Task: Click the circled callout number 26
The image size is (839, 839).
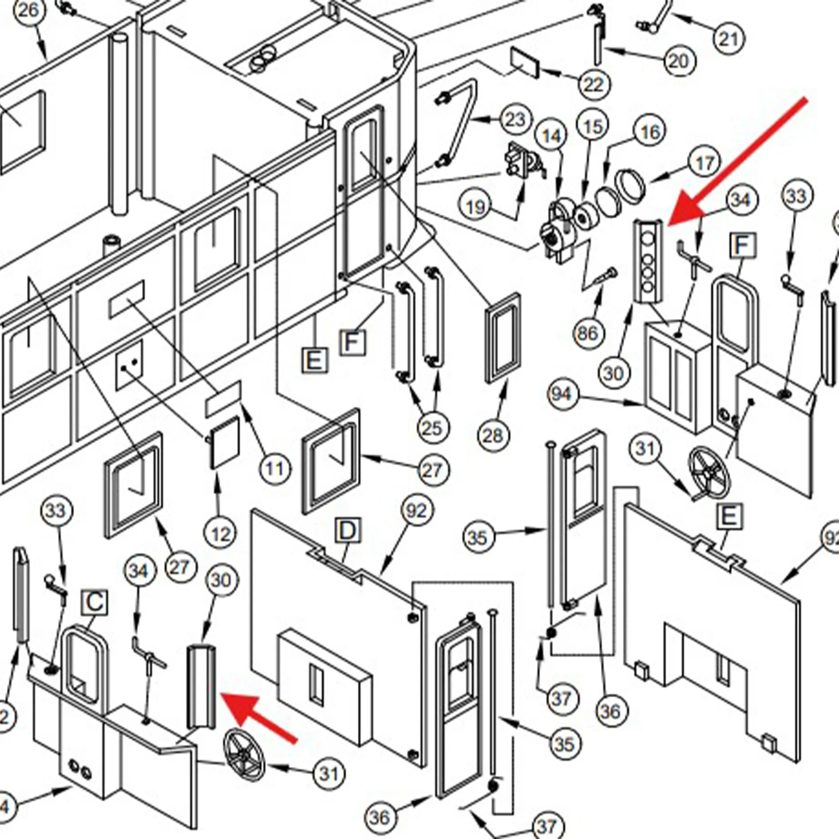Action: (x=29, y=10)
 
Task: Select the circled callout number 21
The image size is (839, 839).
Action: (x=729, y=39)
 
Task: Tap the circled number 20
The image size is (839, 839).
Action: (x=680, y=61)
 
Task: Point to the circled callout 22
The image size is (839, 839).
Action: (x=594, y=84)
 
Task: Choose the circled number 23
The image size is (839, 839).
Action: (x=516, y=120)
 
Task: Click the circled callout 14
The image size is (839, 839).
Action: (x=552, y=136)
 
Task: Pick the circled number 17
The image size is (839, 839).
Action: (x=704, y=163)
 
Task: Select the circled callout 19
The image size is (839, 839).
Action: (x=476, y=206)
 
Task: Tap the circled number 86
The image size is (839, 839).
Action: (x=589, y=334)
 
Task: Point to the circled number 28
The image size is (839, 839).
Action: (x=493, y=435)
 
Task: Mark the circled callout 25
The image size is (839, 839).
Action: (x=432, y=428)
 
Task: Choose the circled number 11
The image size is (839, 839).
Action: (x=275, y=469)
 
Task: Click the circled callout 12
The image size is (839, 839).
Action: (x=221, y=534)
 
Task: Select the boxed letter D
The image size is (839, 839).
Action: (x=348, y=531)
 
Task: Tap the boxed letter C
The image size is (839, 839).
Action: (x=95, y=602)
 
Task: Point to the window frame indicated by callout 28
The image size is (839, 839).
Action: (x=503, y=339)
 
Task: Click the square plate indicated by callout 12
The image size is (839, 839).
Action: (x=224, y=442)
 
